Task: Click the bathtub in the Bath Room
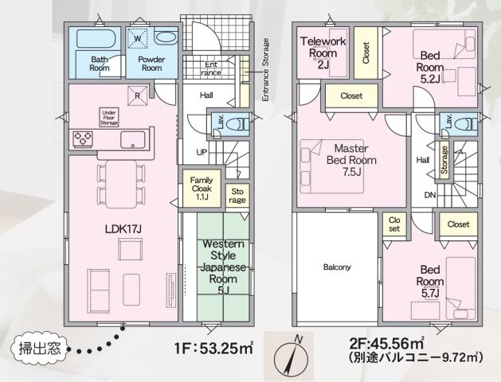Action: pyautogui.click(x=96, y=39)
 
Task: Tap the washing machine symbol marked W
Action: pyautogui.click(x=137, y=39)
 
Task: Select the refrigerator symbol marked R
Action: pyautogui.click(x=137, y=95)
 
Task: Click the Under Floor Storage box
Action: pyautogui.click(x=109, y=117)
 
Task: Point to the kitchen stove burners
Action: pyautogui.click(x=83, y=139)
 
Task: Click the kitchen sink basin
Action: pyautogui.click(x=132, y=140)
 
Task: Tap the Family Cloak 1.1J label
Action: pyautogui.click(x=202, y=189)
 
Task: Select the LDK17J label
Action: pyautogui.click(x=123, y=229)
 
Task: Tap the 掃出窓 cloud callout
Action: pyautogui.click(x=40, y=348)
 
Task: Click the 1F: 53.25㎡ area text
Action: pyautogui.click(x=213, y=348)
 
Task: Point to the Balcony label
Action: pyautogui.click(x=337, y=267)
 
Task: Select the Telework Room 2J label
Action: pyautogui.click(x=323, y=53)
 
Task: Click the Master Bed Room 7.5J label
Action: pyautogui.click(x=351, y=160)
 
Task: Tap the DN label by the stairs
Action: pyautogui.click(x=430, y=195)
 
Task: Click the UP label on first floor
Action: pyautogui.click(x=202, y=152)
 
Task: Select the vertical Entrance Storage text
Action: pyautogui.click(x=265, y=70)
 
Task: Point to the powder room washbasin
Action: pyautogui.click(x=165, y=37)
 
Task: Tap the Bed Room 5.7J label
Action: pyautogui.click(x=430, y=281)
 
